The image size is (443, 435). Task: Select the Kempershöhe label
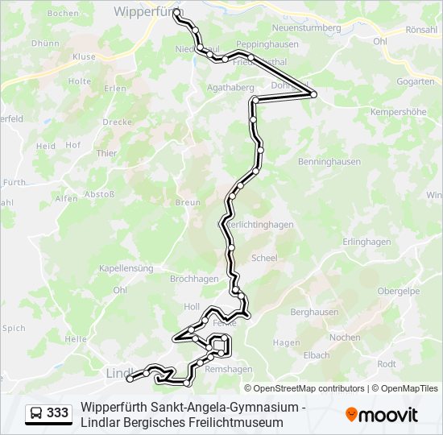tap(398, 112)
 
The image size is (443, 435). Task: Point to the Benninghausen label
tap(328, 162)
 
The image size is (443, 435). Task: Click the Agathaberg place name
tap(230, 87)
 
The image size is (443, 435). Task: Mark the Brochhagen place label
tap(194, 279)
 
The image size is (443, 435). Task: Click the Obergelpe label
tap(399, 291)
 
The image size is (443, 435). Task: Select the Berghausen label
tap(313, 312)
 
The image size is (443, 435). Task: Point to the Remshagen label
tap(229, 369)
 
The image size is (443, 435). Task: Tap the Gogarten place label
tap(416, 82)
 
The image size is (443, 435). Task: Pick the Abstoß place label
tap(100, 194)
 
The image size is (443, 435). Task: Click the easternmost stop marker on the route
tap(313, 95)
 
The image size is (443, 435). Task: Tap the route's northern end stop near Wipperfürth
tap(177, 13)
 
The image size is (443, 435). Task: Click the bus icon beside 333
tap(36, 413)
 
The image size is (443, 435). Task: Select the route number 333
tap(58, 413)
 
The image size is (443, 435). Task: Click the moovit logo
tap(382, 415)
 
